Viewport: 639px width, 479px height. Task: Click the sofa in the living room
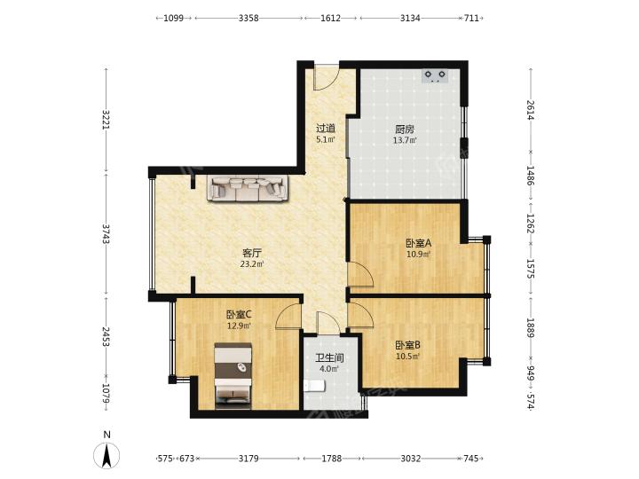[248, 188]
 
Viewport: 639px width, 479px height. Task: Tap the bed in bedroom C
[233, 375]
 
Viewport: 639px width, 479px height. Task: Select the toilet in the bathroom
[314, 386]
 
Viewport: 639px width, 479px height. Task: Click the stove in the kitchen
[435, 76]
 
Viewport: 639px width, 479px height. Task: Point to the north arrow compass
[106, 454]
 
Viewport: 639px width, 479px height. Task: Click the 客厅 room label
[252, 253]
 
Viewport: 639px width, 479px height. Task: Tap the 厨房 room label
[405, 130]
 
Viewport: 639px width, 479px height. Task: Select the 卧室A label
[419, 244]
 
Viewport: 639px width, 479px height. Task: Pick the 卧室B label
[408, 345]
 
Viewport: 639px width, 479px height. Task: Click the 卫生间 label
[329, 358]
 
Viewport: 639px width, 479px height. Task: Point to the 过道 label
[326, 129]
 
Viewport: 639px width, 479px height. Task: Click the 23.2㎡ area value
[252, 264]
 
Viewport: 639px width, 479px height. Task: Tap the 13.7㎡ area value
[405, 140]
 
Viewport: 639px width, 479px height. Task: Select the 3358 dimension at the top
[248, 18]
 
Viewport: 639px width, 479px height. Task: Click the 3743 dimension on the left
[106, 233]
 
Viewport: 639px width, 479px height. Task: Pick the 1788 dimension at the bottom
[332, 459]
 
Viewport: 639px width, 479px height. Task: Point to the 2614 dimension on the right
[530, 110]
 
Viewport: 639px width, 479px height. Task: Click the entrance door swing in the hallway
[326, 78]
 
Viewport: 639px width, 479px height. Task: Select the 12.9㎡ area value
[239, 326]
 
